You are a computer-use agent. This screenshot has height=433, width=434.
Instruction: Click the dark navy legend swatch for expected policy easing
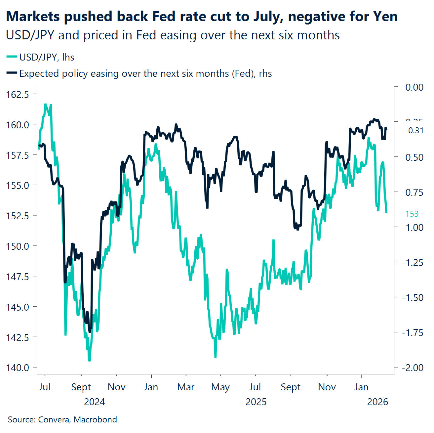[12, 73]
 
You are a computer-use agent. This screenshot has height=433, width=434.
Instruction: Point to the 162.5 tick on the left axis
[18, 94]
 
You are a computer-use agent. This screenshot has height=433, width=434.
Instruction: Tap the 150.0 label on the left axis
[18, 246]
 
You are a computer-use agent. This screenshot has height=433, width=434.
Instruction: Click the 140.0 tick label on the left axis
[18, 368]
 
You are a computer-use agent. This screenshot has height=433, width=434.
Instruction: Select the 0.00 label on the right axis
[414, 87]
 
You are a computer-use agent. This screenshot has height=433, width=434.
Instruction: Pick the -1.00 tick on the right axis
[413, 227]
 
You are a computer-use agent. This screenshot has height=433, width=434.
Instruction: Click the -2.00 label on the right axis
[413, 368]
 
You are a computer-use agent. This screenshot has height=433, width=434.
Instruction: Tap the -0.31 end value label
[414, 130]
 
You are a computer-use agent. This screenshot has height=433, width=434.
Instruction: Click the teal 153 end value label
[412, 214]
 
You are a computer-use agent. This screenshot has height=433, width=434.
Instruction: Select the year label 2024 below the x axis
[94, 402]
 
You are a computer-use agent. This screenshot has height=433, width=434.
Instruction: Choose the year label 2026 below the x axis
[377, 402]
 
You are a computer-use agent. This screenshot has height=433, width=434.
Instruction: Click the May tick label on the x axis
[220, 387]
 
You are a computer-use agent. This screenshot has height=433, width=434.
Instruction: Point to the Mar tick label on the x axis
[186, 387]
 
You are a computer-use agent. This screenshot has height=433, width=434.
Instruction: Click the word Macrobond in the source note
[95, 419]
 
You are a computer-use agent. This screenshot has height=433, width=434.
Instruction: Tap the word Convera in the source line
[54, 419]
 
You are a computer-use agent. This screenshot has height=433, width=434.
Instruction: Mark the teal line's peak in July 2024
[46, 105]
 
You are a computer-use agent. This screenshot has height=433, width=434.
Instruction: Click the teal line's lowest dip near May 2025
[216, 357]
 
